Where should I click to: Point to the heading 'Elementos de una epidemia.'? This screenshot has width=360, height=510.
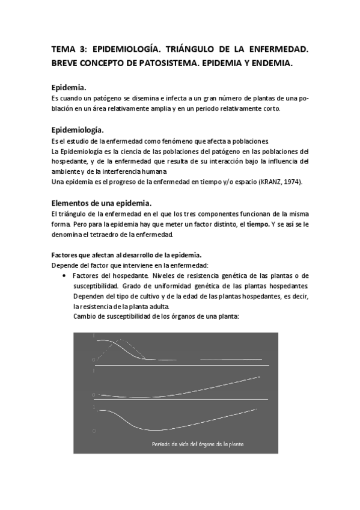tap(102, 203)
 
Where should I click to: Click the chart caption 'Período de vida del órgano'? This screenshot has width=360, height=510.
tap(197, 444)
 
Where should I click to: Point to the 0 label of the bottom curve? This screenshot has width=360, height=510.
tap(94, 431)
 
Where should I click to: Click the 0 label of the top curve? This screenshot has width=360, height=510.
tap(93, 360)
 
